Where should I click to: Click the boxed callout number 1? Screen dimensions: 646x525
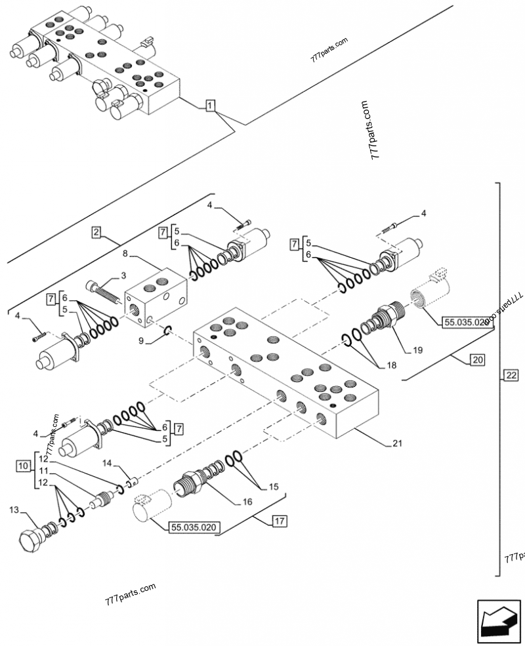pyautogui.click(x=209, y=105)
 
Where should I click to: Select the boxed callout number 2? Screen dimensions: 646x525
pyautogui.click(x=96, y=232)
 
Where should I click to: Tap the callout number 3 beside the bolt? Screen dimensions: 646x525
pyautogui.click(x=123, y=274)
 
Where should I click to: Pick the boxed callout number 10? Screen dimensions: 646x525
pyautogui.click(x=23, y=466)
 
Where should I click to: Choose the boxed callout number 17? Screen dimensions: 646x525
pyautogui.click(x=279, y=522)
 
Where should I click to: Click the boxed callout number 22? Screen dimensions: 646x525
pyautogui.click(x=511, y=375)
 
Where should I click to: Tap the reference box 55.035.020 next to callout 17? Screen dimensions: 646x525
pyautogui.click(x=195, y=527)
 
